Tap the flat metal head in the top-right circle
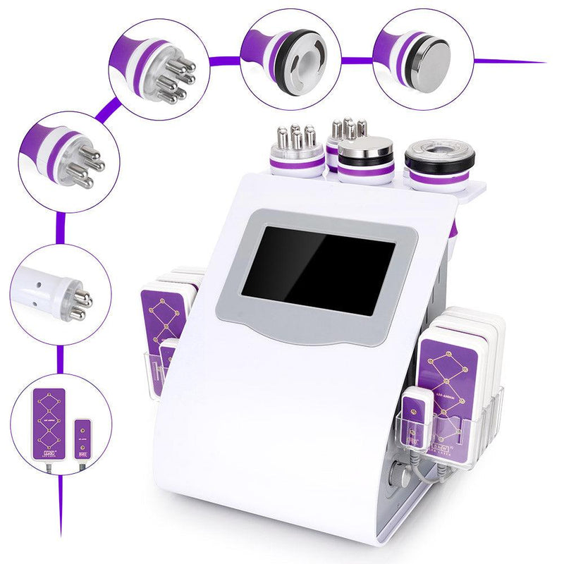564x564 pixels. (431, 63)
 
